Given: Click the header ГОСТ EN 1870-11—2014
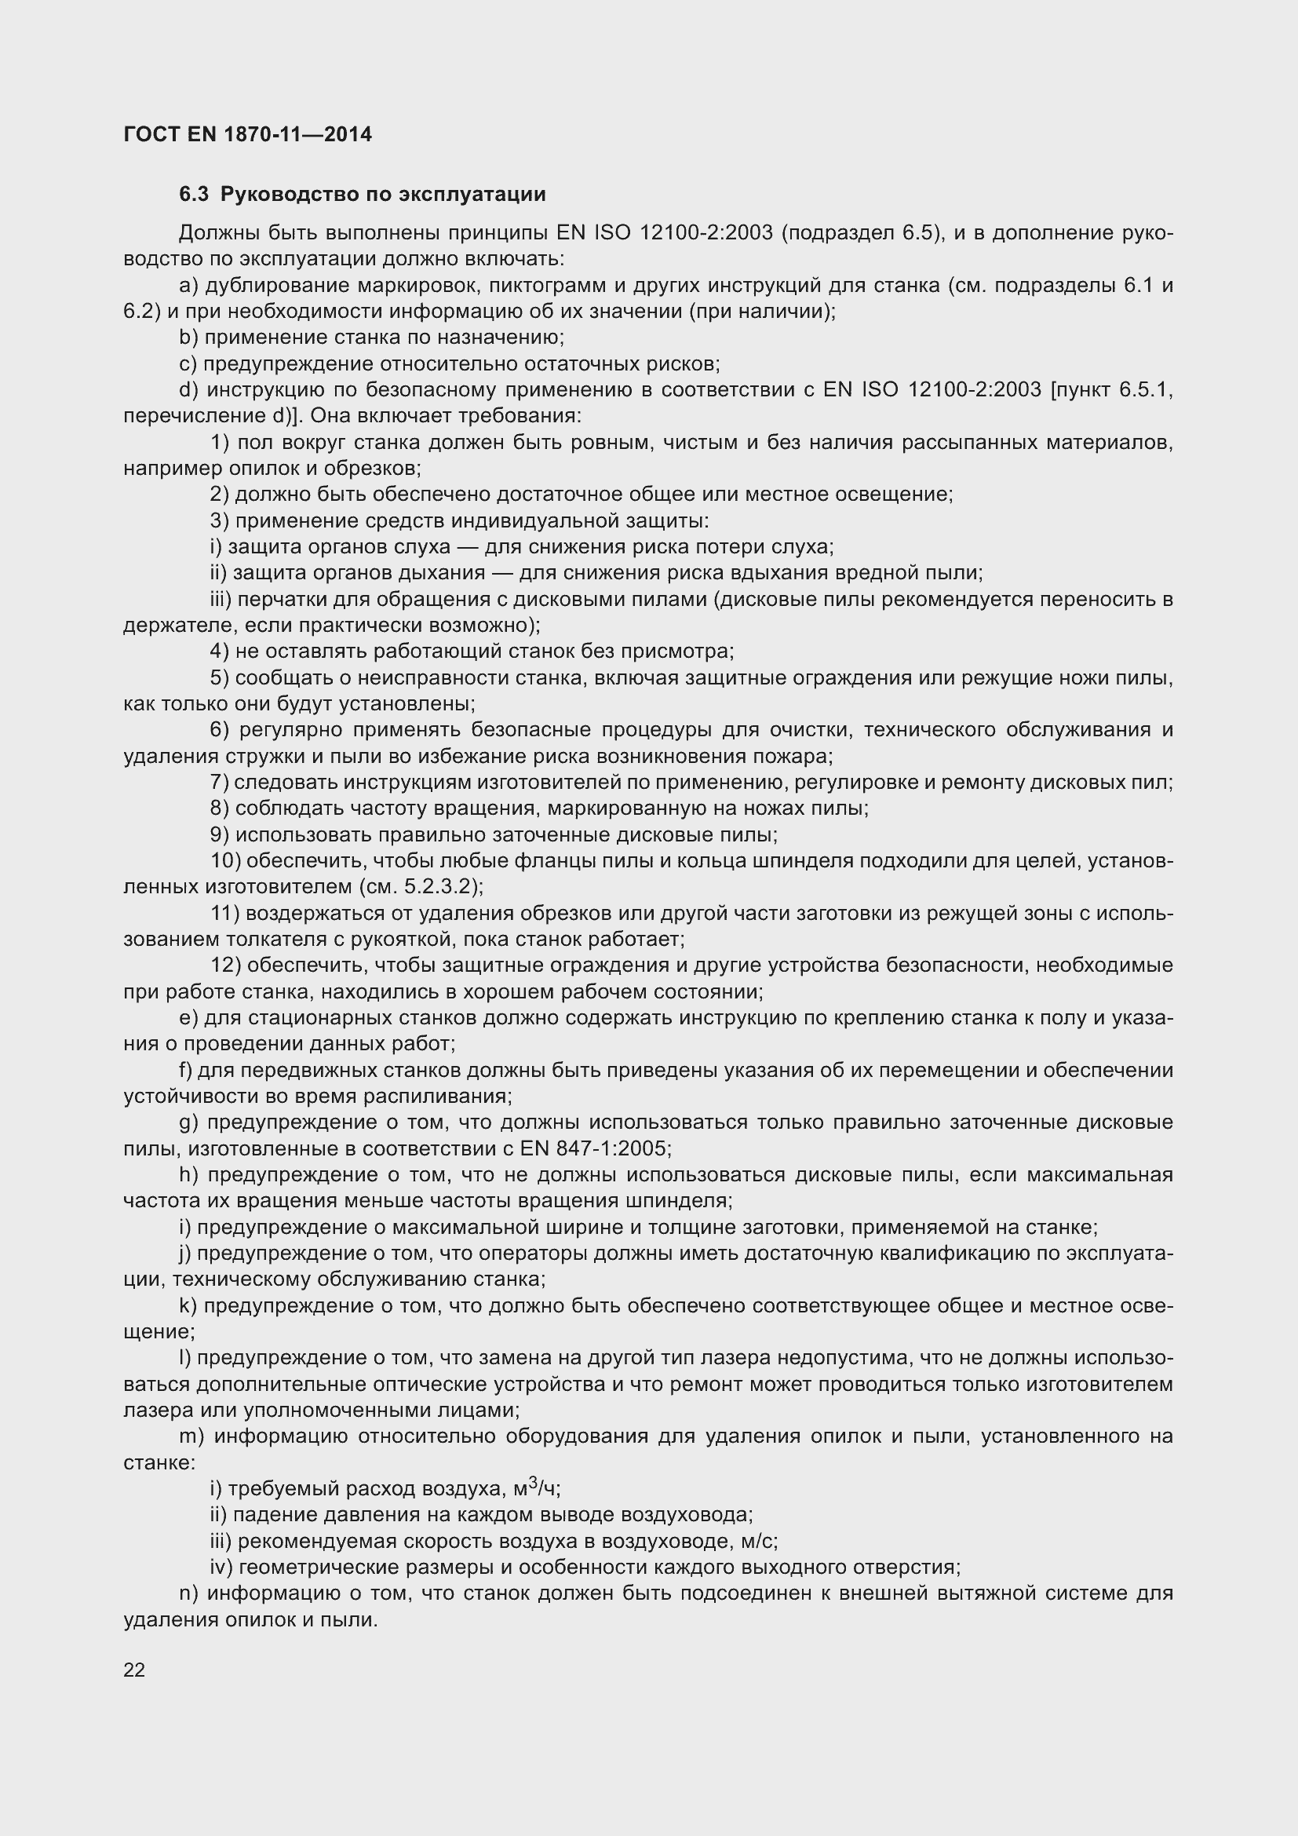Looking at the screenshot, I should click(248, 134).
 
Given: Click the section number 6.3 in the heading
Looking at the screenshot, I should click(193, 195).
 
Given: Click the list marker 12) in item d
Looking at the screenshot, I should click(225, 965).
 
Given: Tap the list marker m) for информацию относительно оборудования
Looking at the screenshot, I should click(191, 1436).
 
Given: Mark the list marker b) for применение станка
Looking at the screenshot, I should click(188, 338).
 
